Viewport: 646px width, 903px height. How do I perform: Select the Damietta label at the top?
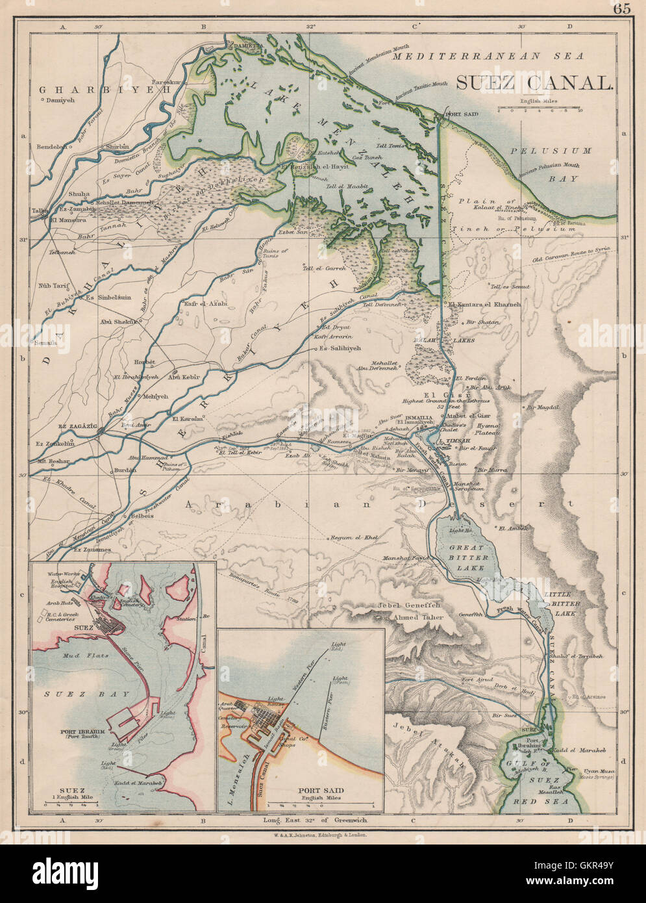244,46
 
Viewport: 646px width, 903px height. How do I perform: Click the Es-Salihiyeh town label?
340,349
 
